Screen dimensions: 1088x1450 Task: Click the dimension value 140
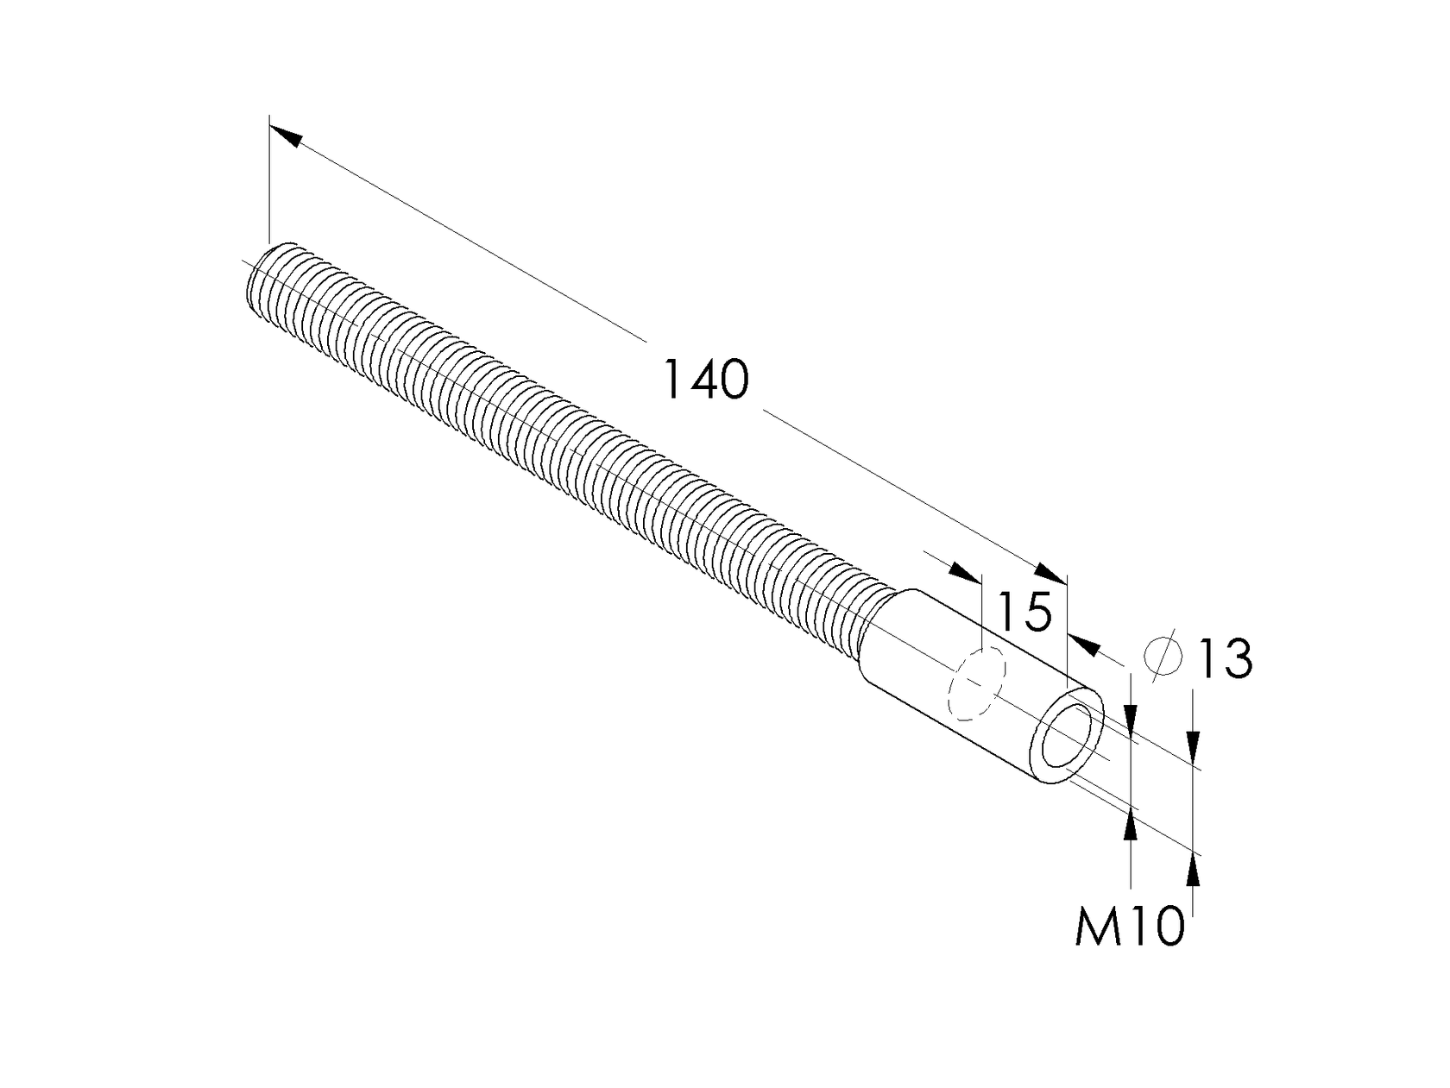pos(706,380)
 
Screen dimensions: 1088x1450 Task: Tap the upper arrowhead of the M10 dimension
pos(1131,719)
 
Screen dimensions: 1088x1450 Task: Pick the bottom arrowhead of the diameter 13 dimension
pos(1194,872)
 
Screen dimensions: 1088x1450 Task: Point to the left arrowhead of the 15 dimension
pos(965,573)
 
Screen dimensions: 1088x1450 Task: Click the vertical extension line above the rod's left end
pos(269,181)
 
